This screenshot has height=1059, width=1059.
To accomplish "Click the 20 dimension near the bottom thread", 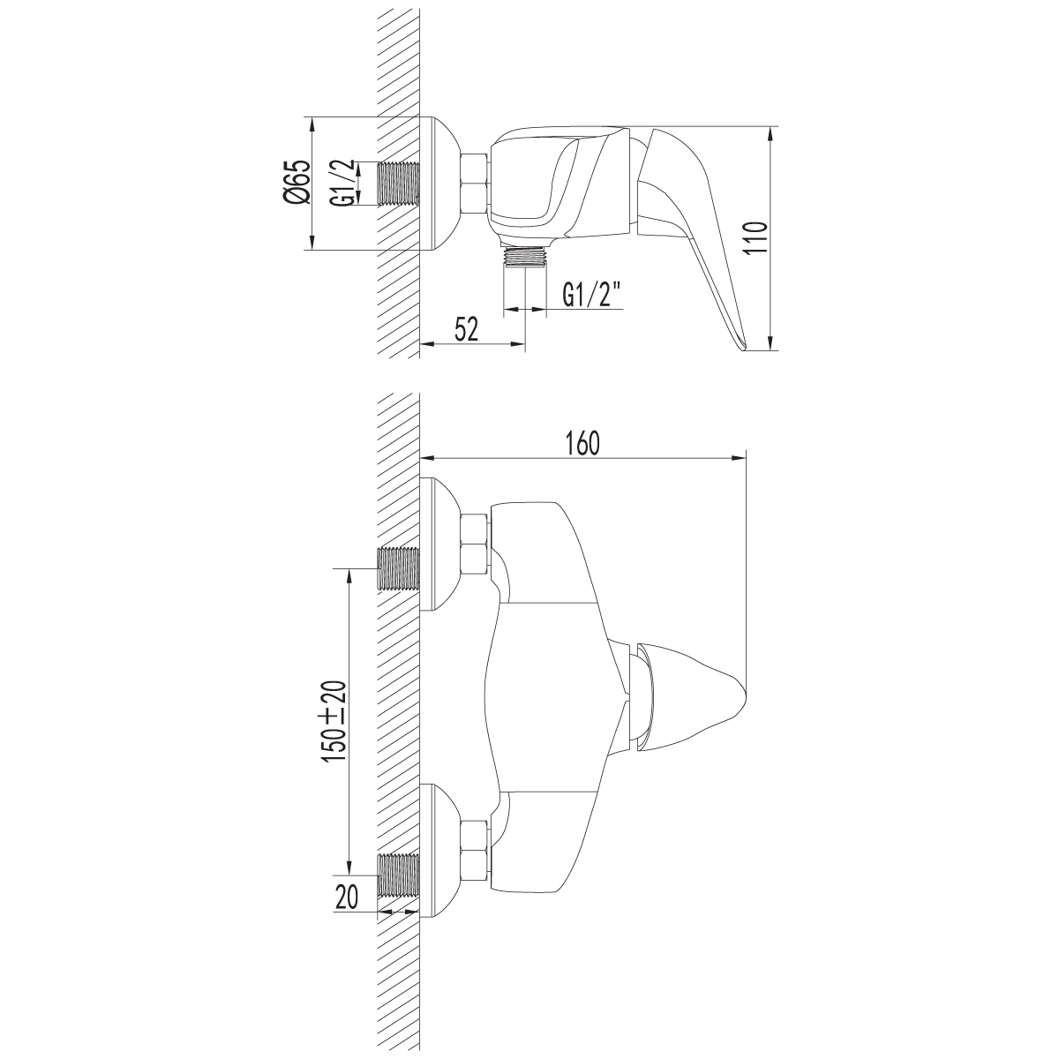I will click(347, 898).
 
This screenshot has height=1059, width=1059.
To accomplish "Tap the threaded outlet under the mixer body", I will click(525, 257).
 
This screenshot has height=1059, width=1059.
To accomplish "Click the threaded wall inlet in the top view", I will click(399, 184).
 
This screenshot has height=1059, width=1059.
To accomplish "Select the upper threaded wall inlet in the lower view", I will click(399, 568).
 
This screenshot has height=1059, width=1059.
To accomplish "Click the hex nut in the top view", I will click(474, 184).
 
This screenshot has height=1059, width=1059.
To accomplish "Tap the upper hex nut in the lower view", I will click(474, 544).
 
